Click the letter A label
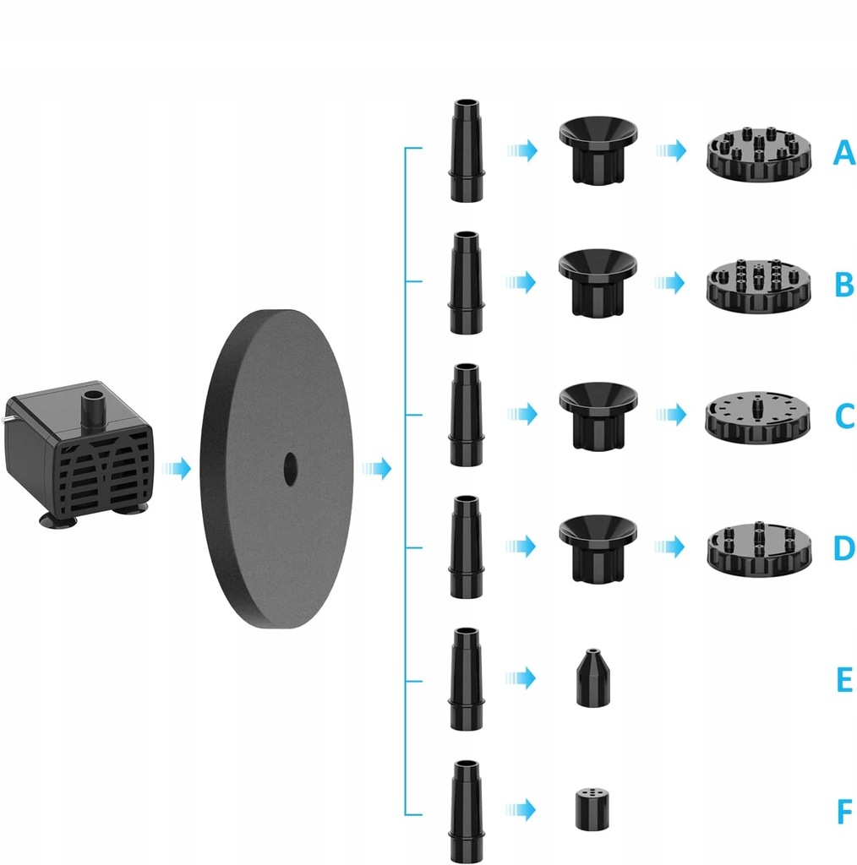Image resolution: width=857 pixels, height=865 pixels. coord(843,153)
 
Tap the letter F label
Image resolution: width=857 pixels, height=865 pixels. coord(844,813)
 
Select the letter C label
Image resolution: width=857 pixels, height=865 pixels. coord(844,416)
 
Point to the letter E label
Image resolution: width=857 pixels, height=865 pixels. coord(844,680)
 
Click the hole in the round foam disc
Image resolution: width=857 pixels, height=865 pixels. coord(291,469)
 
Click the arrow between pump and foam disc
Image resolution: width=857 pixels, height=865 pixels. coord(177,469)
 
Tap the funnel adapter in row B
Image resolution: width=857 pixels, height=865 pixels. coord(598,282)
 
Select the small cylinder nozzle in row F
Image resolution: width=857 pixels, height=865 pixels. coord(592,808)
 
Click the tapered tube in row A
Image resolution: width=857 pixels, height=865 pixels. coord(467,151)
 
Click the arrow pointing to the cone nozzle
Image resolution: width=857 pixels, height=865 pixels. coord(522,677)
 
